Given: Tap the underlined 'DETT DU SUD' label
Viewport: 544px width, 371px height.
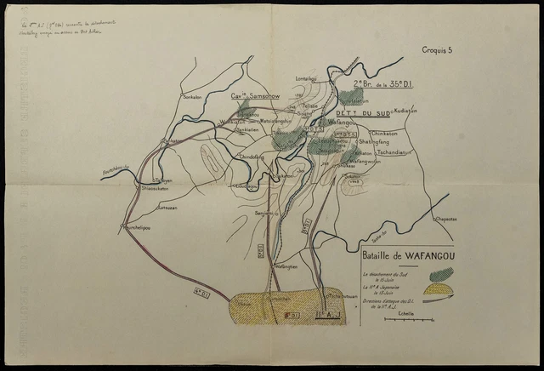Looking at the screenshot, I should tap(361, 113).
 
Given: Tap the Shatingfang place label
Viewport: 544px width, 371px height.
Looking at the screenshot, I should tap(376, 142).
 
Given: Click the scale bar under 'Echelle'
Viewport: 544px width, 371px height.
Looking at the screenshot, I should tap(399, 324).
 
